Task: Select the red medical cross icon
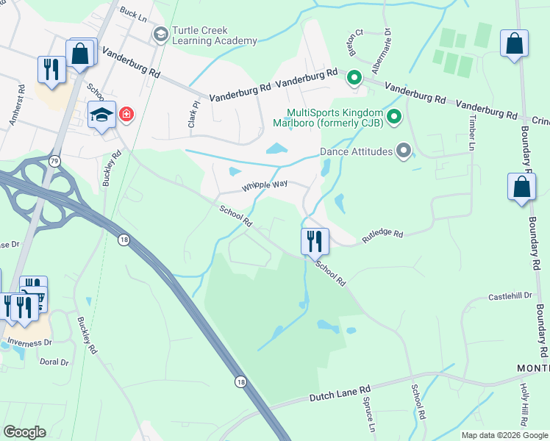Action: pos(126,115)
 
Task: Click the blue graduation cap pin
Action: pos(101,114)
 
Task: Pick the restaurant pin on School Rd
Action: pos(314,240)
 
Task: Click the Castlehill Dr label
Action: pos(510,295)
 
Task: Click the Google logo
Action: pos(24,432)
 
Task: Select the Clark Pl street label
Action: pos(194,113)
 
